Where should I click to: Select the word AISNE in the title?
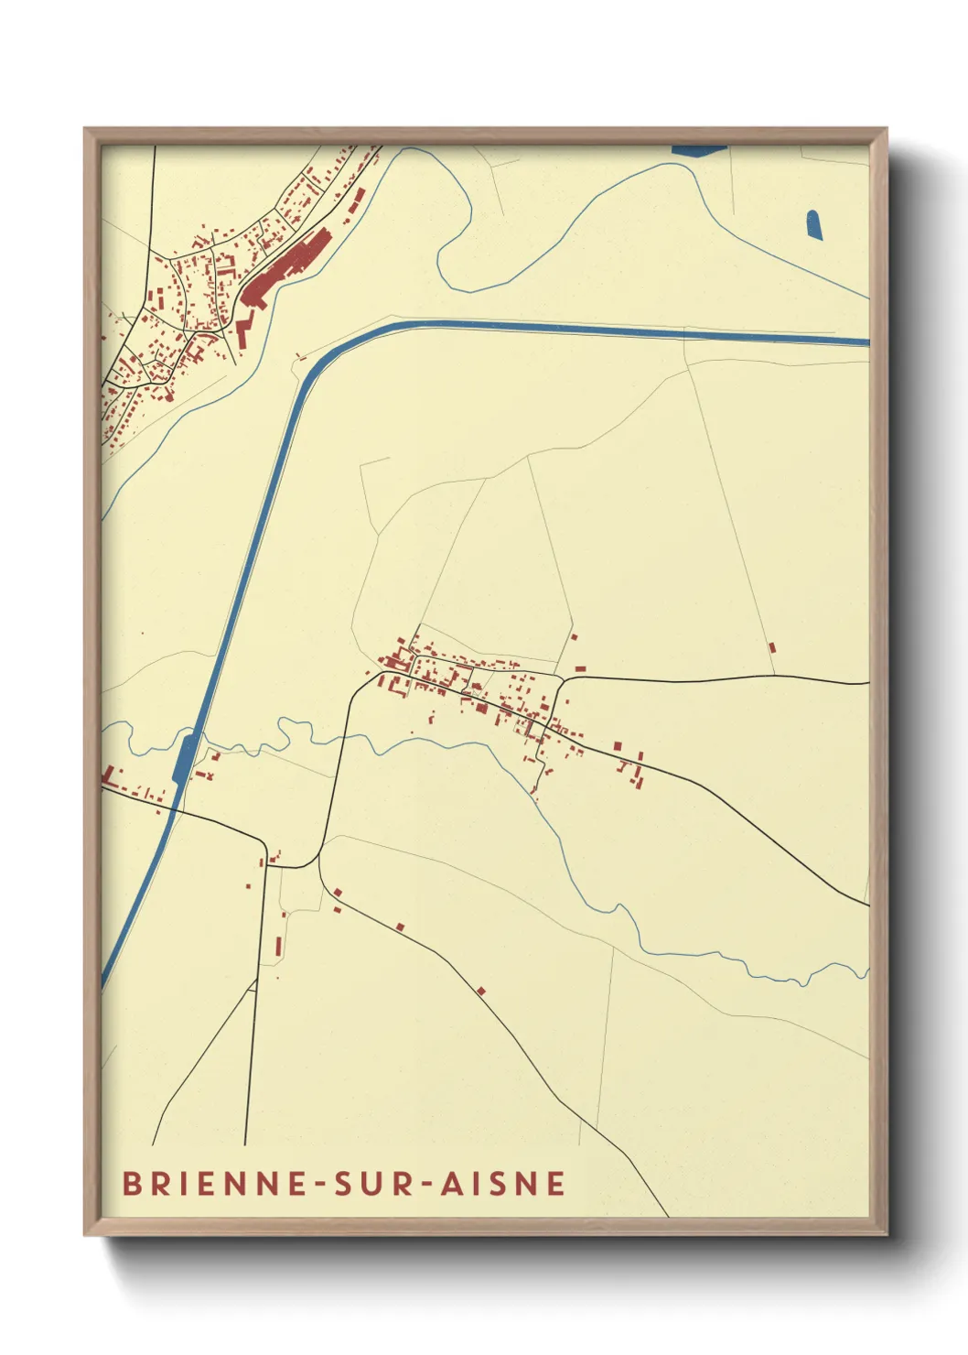503,1183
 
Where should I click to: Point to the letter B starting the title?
131,1183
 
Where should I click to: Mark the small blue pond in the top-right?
813,225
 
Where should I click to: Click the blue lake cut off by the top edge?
699,149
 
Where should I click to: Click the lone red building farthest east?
771,646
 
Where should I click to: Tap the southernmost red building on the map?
480,991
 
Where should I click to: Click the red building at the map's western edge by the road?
110,775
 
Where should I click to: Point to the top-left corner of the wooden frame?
86,130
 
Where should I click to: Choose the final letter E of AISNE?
556,1183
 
